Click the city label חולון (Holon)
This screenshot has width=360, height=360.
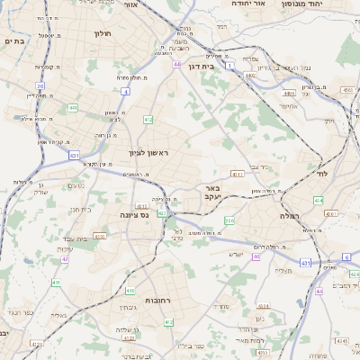click(101, 33)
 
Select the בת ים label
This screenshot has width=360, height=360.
click(13, 41)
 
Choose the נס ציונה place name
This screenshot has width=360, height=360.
click(133, 216)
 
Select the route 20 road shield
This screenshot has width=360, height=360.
click(40, 86)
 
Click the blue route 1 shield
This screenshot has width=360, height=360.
click(230, 66)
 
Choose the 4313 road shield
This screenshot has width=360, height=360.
click(238, 174)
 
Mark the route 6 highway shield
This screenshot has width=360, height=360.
click(346, 257)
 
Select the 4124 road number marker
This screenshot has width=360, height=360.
click(339, 342)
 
